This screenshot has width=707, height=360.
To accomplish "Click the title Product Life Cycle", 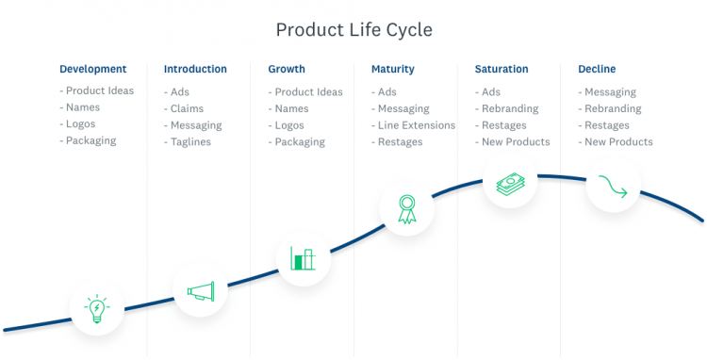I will [353, 30].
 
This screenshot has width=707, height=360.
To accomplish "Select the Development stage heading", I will [92, 69].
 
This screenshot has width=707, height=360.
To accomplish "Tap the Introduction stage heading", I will [195, 69].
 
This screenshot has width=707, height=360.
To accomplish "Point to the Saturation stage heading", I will [501, 69].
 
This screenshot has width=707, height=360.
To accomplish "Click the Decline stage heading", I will [598, 69].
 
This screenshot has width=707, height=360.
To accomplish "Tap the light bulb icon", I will [96, 308].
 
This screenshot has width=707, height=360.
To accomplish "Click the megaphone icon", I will [200, 292].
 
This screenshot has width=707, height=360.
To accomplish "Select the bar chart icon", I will [303, 258].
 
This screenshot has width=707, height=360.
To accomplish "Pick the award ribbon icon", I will [407, 209].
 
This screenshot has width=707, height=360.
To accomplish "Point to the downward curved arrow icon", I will [613, 188].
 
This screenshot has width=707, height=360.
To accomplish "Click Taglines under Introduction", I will [190, 142].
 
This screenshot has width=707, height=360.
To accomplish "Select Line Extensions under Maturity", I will [416, 125].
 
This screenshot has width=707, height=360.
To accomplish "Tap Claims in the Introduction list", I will [187, 108].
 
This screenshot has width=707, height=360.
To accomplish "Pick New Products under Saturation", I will [516, 142].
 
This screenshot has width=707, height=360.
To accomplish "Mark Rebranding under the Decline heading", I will [613, 108].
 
